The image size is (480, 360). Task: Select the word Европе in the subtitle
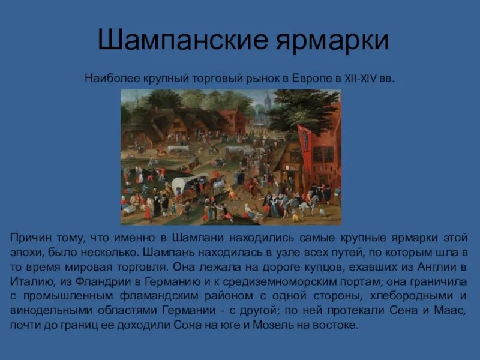pos(309,79)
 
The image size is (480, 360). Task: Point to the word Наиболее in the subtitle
pos(109,79)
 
